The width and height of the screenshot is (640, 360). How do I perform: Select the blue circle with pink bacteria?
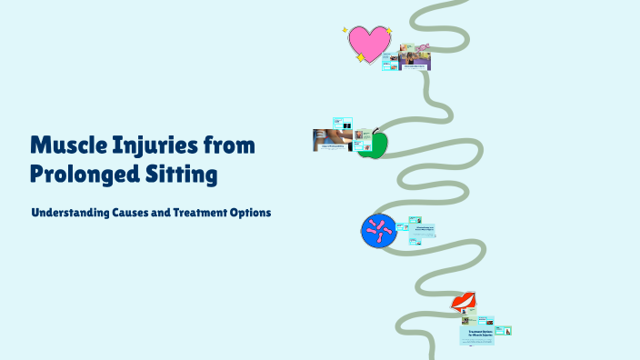pyautogui.click(x=376, y=231)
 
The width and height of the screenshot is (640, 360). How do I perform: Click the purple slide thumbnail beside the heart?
pyautogui.click(x=415, y=61)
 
